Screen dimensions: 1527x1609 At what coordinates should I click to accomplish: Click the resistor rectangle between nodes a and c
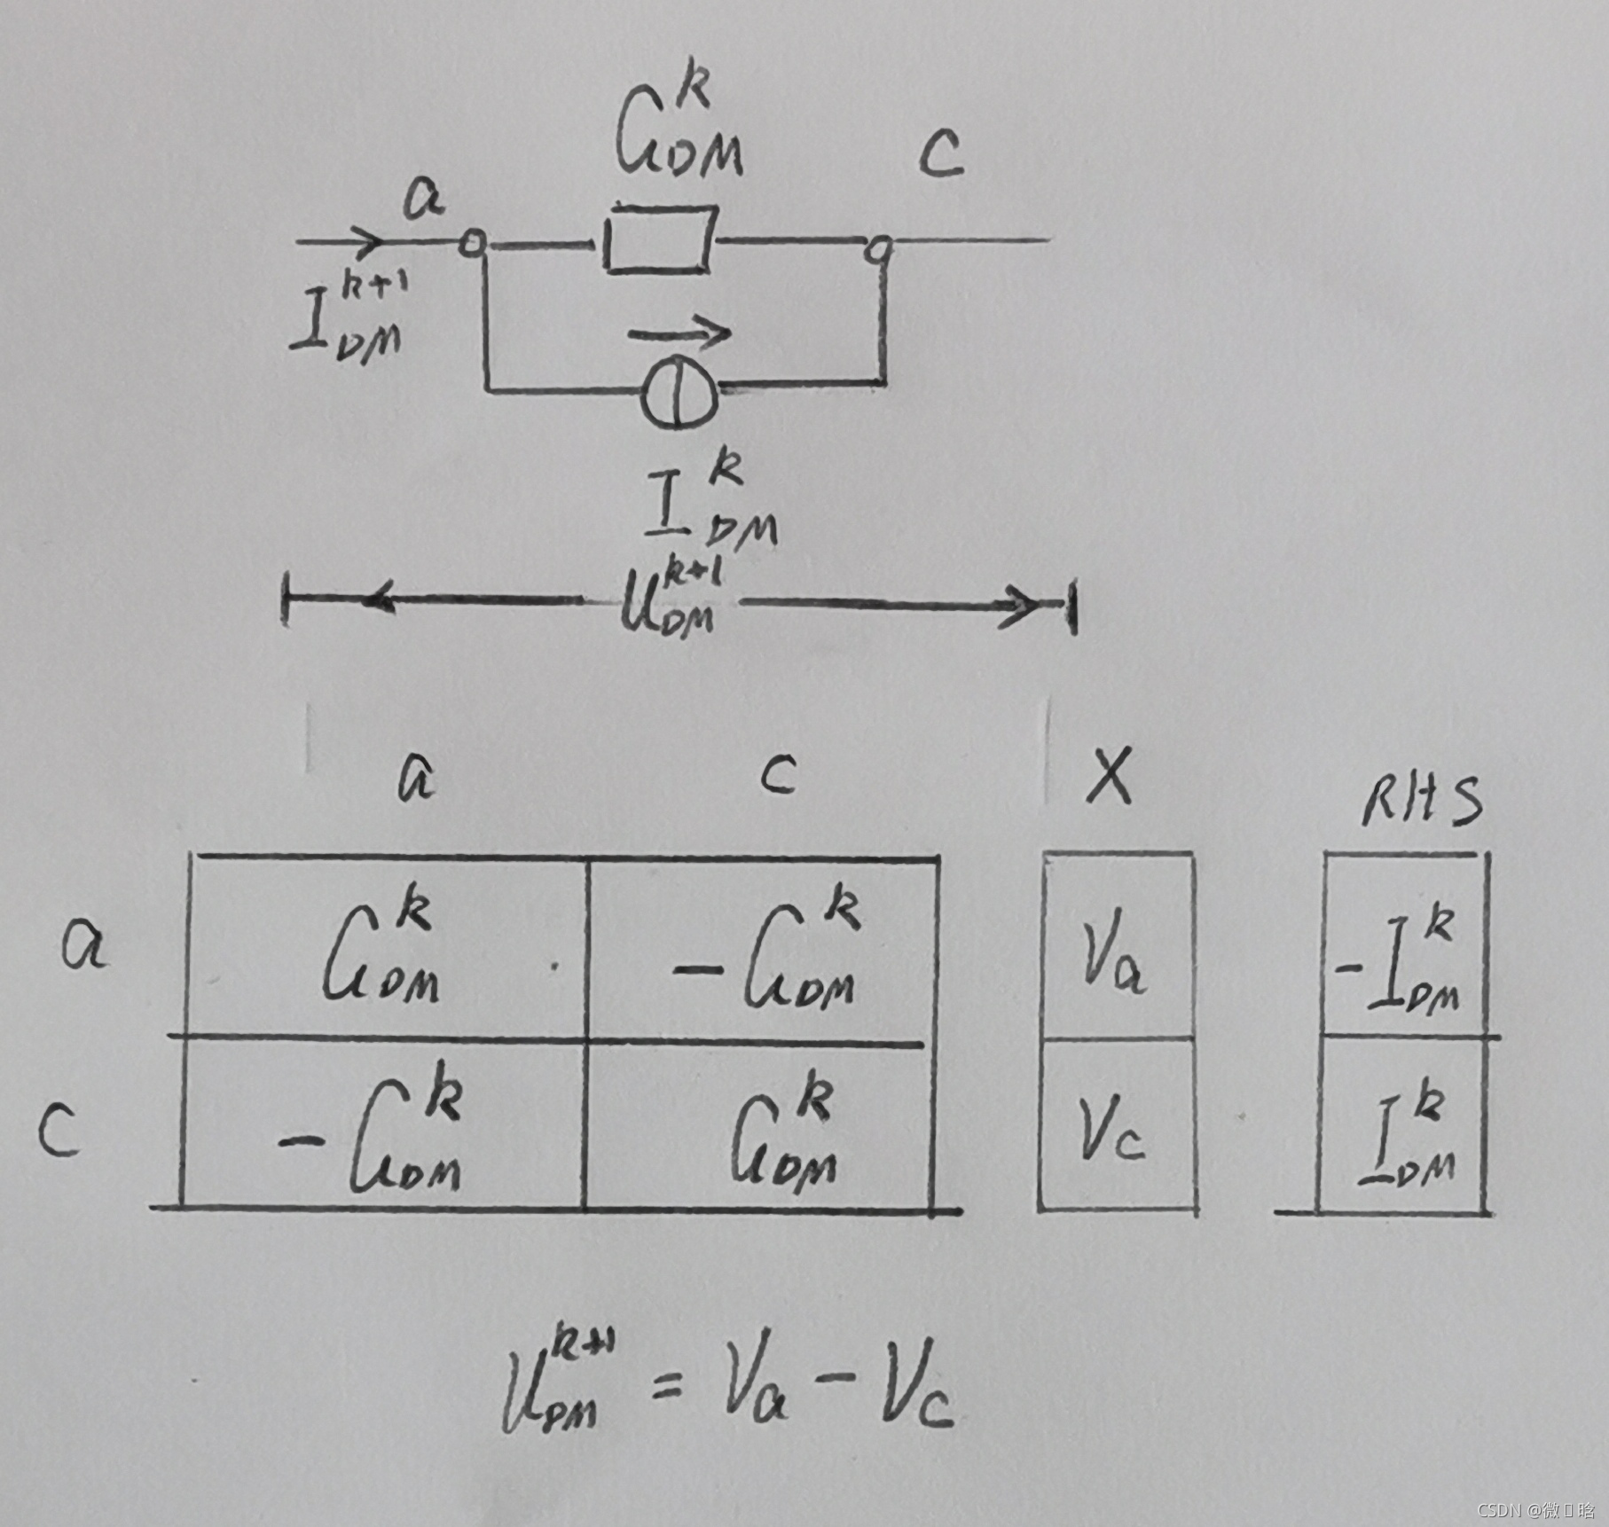coord(660,239)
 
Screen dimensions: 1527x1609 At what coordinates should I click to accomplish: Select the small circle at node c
coord(880,249)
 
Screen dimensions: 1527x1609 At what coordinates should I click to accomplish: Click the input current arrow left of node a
coord(341,239)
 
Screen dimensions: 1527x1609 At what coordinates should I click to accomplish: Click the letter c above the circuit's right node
coord(940,154)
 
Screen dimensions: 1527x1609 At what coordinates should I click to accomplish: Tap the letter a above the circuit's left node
coord(424,200)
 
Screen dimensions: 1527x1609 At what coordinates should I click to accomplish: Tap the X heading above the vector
coord(1110,776)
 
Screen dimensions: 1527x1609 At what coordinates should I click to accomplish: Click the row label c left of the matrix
coord(59,1132)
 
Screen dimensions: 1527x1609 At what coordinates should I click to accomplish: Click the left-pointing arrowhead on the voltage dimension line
coord(377,599)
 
